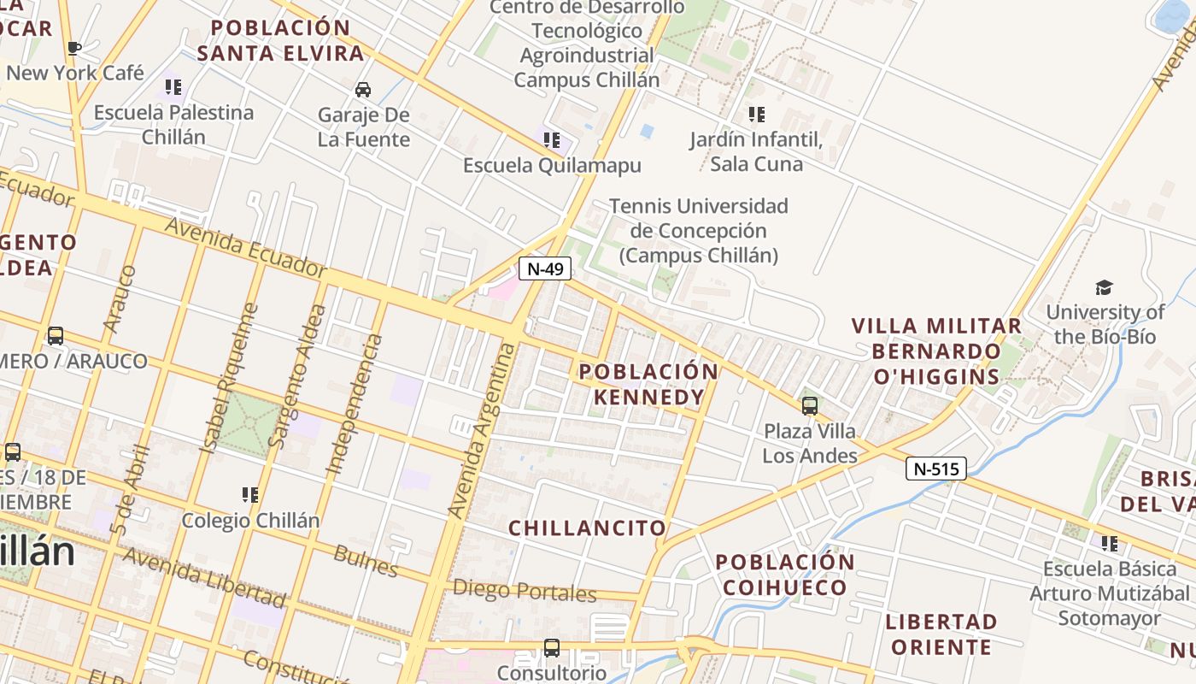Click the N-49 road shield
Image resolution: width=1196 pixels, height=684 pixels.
(x=545, y=268)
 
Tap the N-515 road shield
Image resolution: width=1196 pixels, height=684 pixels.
(x=936, y=469)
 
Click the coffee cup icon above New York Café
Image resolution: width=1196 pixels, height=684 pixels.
(x=74, y=48)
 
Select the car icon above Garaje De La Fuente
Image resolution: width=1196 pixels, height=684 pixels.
(x=363, y=90)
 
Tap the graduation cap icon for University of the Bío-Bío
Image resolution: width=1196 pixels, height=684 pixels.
(x=1105, y=287)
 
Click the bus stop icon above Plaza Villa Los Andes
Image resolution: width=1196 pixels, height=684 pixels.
(x=809, y=405)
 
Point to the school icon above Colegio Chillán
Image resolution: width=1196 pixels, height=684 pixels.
(x=249, y=495)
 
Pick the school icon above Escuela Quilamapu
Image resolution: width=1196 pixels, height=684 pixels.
(x=552, y=139)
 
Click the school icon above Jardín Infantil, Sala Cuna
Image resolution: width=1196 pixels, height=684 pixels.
(x=756, y=114)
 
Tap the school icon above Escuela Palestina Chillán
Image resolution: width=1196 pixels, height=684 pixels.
(x=173, y=87)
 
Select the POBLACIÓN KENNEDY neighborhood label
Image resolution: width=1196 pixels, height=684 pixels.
(x=649, y=384)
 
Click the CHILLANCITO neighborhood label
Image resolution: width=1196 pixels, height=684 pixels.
(x=587, y=528)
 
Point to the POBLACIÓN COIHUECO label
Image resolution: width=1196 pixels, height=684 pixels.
(x=785, y=575)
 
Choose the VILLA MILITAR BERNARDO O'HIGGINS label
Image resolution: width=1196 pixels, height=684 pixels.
(x=936, y=351)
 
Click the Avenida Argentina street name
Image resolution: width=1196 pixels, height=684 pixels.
(x=483, y=430)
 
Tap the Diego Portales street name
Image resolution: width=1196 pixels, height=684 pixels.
(x=525, y=591)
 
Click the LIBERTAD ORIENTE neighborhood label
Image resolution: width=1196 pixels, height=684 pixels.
(x=941, y=634)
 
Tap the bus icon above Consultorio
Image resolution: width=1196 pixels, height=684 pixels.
(x=552, y=648)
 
